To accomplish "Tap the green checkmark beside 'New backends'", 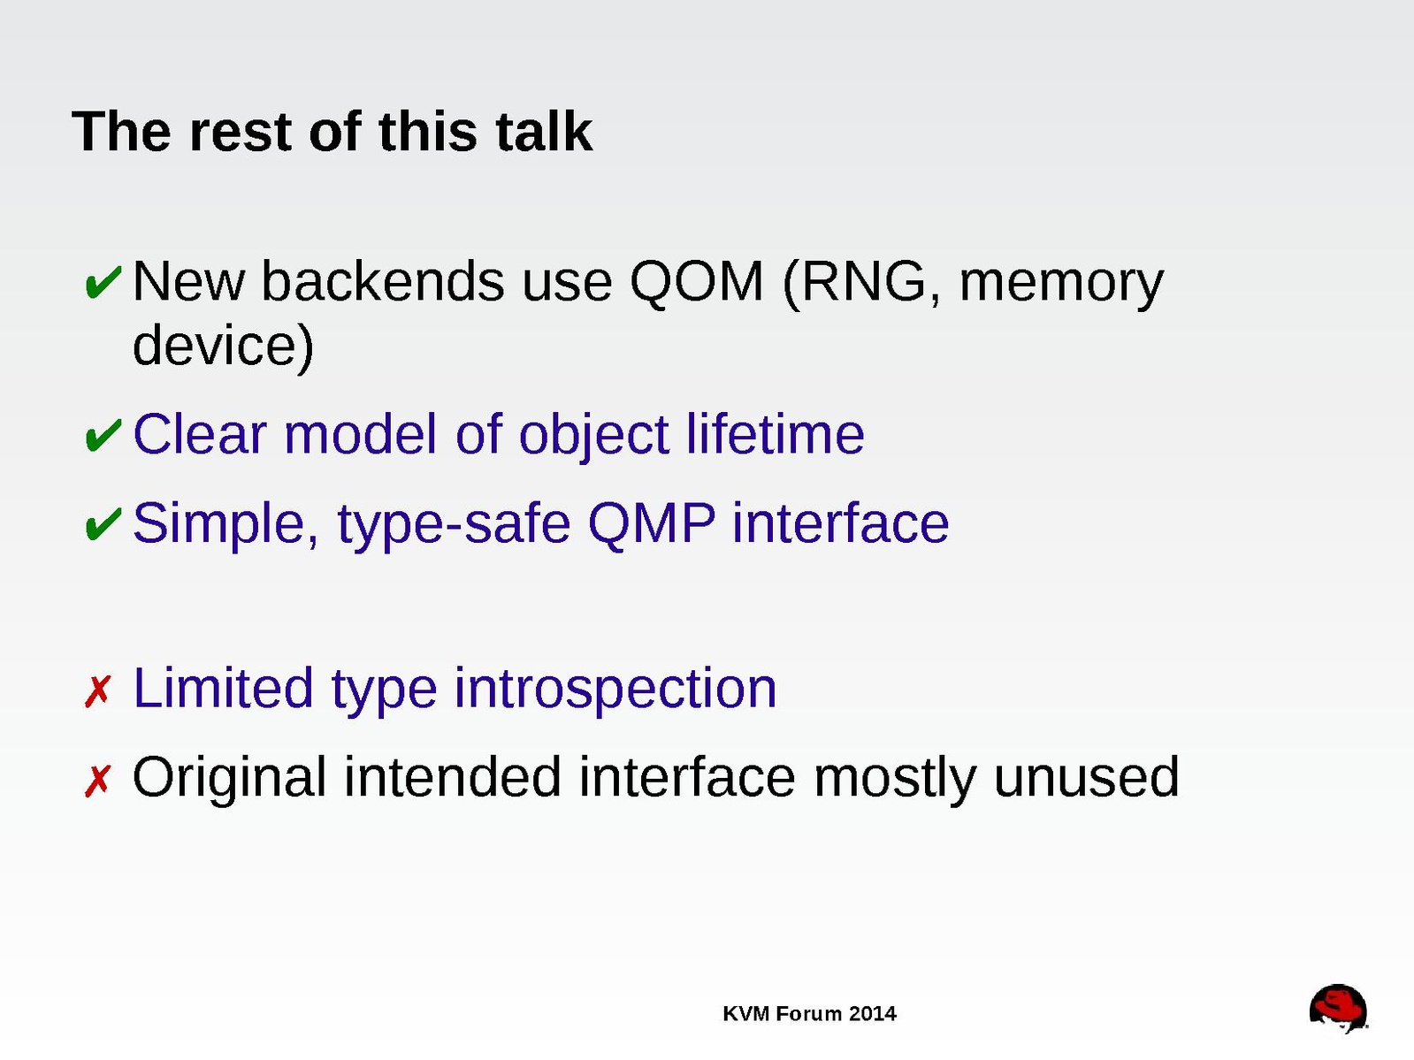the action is click(x=103, y=282).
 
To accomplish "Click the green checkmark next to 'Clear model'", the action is click(x=103, y=435).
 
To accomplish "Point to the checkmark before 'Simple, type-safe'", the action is click(x=103, y=523).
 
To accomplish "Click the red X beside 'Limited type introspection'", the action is click(x=98, y=691).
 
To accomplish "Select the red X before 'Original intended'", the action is click(x=98, y=781).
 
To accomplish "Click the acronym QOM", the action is click(x=696, y=282).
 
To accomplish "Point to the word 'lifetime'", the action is click(x=775, y=434).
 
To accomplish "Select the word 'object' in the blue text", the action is click(x=593, y=437).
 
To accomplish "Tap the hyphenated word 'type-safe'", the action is click(x=454, y=525).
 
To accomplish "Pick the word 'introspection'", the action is click(x=615, y=691).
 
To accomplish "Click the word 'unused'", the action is click(x=1086, y=776).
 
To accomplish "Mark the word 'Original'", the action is click(x=229, y=780).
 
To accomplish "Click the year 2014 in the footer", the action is click(x=872, y=1014).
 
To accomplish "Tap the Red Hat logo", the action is click(x=1338, y=1009).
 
